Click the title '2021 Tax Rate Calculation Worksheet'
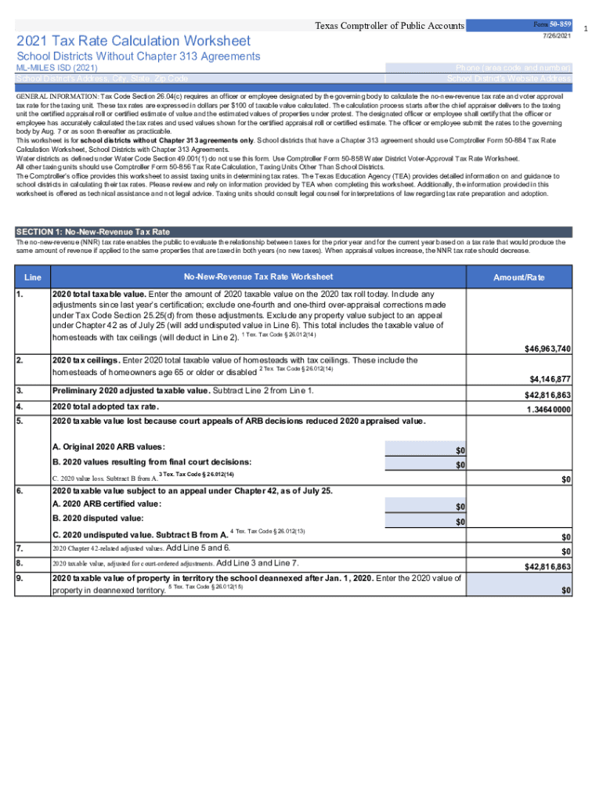tap(134, 41)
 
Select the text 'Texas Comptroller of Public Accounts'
tap(389, 27)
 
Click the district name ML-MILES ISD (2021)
tap(57, 69)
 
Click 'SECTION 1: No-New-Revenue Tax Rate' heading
tap(93, 232)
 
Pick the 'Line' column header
tap(33, 278)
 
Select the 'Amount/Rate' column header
tap(519, 278)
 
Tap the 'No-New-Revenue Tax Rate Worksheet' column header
tap(258, 277)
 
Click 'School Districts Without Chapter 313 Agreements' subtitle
tap(139, 56)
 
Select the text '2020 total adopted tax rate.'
tap(105, 406)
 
